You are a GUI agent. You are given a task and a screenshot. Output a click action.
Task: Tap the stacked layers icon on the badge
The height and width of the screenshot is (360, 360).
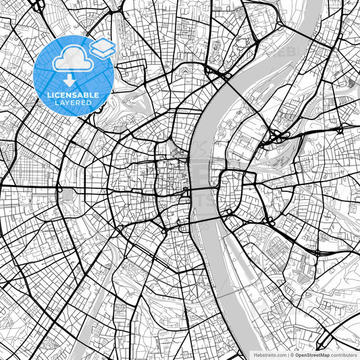pos(103,48)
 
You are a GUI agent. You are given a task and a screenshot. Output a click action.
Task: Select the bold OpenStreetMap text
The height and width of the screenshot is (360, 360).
pos(312,355)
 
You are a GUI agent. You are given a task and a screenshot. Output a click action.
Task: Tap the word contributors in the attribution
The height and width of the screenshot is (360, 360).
pos(344,355)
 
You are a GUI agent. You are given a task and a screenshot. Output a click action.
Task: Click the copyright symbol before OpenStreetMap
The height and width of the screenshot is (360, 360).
pos(292,355)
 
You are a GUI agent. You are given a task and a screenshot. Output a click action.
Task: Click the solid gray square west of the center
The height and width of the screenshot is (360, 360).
pos(68,196)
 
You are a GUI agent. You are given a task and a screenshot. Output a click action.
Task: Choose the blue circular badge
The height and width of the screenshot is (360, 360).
pos(73,74)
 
